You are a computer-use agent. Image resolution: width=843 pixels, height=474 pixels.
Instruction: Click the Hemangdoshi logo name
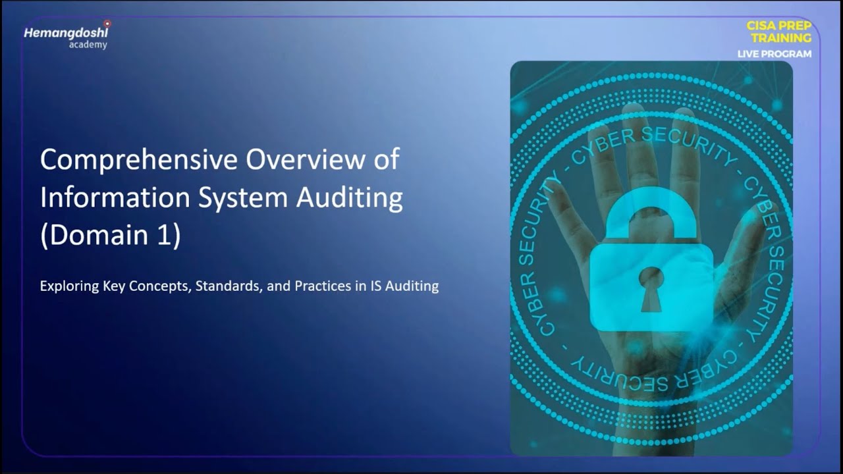[66, 33]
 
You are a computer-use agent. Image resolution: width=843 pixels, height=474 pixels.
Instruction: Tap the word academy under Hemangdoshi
[88, 45]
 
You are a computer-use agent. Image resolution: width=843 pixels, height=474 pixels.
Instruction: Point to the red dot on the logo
[107, 24]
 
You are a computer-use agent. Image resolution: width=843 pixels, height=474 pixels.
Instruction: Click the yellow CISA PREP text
[778, 26]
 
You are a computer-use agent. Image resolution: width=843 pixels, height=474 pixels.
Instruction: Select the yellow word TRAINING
[780, 38]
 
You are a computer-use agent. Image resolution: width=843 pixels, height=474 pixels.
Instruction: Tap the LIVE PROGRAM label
[775, 54]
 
